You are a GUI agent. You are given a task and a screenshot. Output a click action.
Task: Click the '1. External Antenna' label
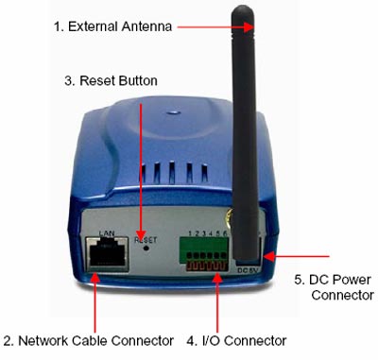coord(112,26)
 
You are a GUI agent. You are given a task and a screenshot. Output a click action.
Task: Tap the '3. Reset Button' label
coord(111,80)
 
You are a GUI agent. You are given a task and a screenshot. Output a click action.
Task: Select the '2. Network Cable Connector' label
coord(89,340)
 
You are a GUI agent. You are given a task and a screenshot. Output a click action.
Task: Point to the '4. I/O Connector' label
coord(236,340)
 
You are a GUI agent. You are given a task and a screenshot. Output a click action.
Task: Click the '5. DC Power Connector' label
coord(335,287)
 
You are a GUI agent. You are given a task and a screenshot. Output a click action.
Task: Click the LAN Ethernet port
coord(108,254)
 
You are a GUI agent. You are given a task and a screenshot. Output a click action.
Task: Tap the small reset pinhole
coord(146,248)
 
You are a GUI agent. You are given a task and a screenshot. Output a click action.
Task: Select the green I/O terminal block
coord(204,254)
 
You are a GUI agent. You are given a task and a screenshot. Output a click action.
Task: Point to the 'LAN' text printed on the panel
coord(107,233)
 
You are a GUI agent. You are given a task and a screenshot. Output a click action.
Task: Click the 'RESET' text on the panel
coord(146,240)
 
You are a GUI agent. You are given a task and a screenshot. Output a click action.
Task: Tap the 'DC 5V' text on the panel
coord(248,270)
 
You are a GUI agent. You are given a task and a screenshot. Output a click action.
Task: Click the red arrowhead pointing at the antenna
coord(249,27)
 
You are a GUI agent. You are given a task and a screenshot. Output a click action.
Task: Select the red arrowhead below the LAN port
coord(94,278)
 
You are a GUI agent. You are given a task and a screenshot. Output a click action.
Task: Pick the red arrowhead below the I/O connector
coord(217,278)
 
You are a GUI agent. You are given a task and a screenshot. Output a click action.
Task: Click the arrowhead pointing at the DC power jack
coord(269,256)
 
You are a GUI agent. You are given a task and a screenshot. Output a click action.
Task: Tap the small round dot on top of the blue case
coord(173,112)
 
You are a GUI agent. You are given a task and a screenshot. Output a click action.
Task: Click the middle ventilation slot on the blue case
coord(172,172)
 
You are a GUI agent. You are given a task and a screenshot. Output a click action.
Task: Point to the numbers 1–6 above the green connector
coord(208,233)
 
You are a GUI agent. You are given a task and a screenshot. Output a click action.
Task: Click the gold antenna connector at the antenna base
coord(230,216)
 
